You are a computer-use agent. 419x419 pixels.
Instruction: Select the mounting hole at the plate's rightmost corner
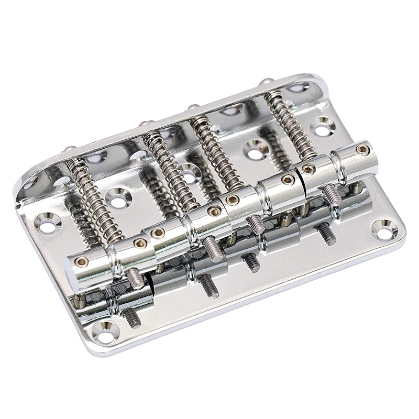(385, 229)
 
